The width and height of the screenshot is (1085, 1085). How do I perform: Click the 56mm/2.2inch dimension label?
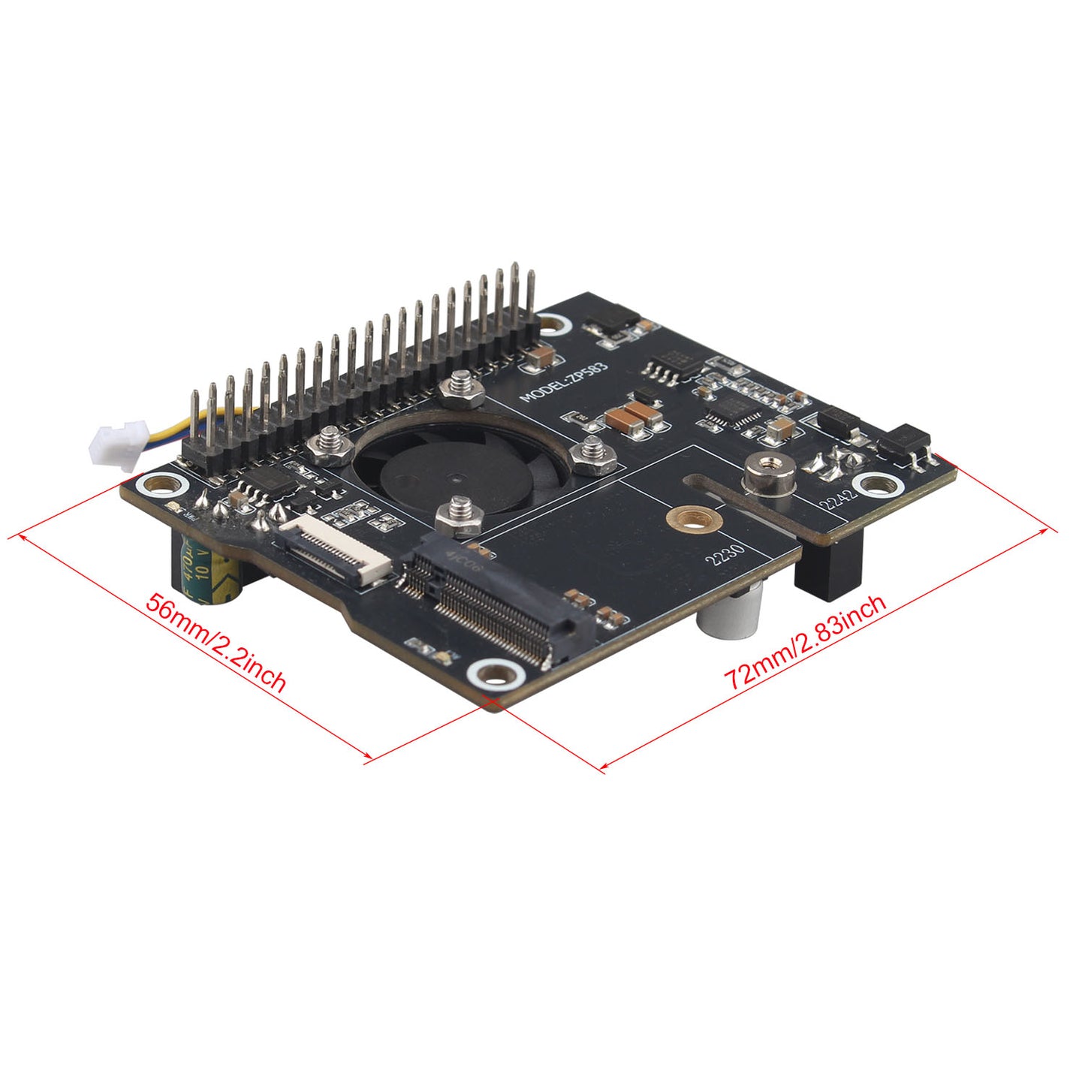pyautogui.click(x=215, y=643)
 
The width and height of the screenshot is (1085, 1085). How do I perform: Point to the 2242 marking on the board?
pyautogui.click(x=837, y=499)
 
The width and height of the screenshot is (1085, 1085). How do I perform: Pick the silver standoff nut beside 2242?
pyautogui.click(x=768, y=475)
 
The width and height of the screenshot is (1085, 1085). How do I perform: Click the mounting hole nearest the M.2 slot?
pyautogui.click(x=496, y=673)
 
